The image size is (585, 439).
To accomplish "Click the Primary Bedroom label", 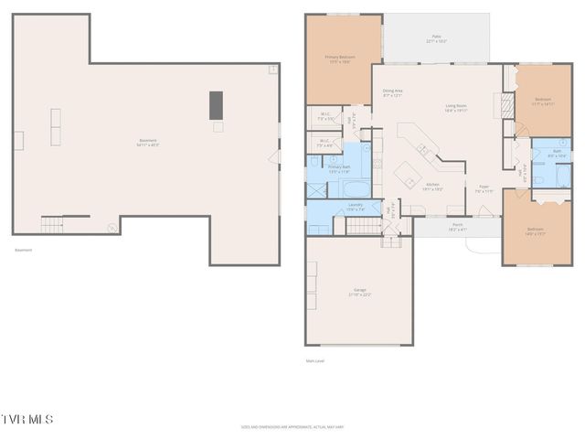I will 340,59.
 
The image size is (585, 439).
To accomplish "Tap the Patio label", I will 437,39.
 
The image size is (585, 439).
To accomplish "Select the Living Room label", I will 456,108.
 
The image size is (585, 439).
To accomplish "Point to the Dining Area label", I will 393,92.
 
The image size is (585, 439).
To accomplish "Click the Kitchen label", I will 433,187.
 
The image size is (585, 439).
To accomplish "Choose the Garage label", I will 359,292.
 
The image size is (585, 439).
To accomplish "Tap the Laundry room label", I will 356,207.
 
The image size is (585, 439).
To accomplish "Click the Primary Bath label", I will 339,169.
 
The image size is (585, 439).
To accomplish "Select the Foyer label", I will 484,188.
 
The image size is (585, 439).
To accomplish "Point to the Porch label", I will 457,226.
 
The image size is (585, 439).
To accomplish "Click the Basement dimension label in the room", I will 148,143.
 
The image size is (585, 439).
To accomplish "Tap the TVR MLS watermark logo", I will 27,420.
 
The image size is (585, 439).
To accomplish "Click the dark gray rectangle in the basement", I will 217,104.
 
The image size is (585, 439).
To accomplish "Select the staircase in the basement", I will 52,224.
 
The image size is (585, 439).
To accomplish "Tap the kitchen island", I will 407,174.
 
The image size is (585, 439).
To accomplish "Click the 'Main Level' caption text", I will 315,360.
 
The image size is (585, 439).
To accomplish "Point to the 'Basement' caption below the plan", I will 23,250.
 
